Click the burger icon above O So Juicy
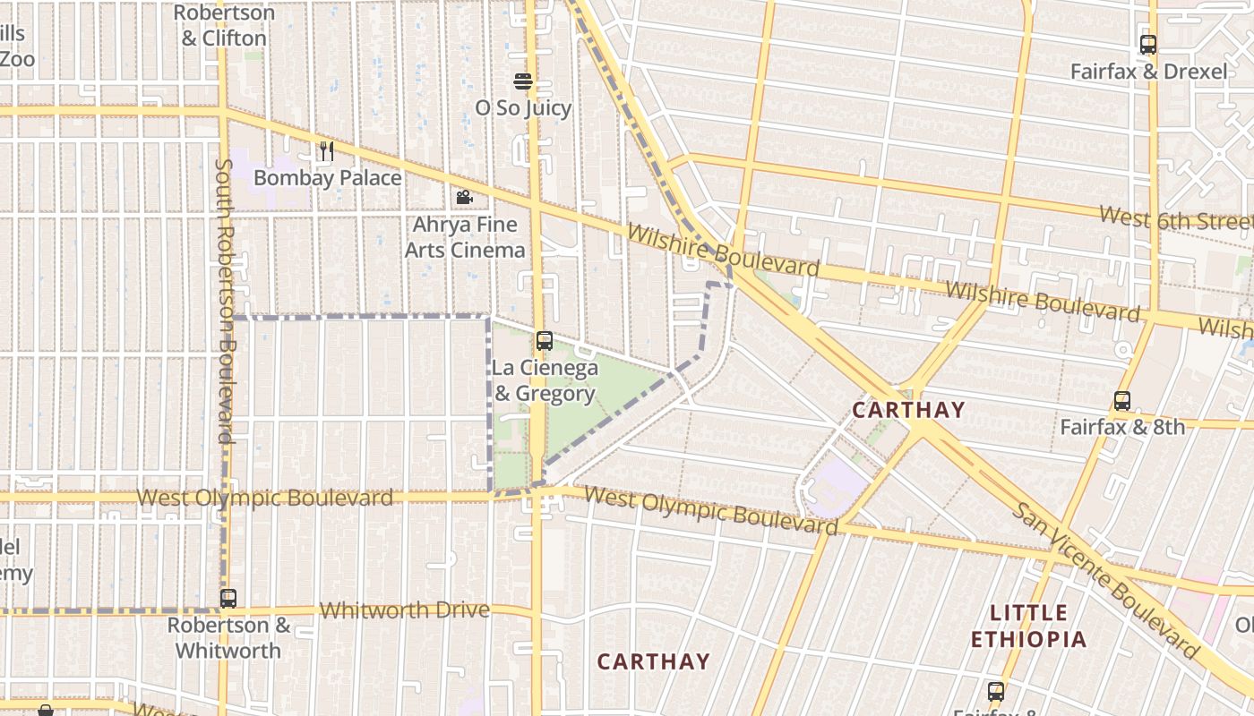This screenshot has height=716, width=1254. click(x=523, y=81)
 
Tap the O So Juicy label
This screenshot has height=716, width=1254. click(x=523, y=108)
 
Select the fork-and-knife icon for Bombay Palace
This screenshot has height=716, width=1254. click(x=327, y=151)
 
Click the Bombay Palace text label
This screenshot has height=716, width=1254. click(x=327, y=178)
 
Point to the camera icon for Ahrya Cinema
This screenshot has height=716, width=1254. click(x=464, y=197)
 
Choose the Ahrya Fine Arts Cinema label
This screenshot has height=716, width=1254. click(x=465, y=237)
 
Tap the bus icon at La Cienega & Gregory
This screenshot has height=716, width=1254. click(x=544, y=341)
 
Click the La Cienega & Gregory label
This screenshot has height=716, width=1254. click(x=545, y=380)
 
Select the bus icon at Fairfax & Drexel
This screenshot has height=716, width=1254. click(x=1148, y=45)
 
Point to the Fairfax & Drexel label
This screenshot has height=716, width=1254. click(x=1148, y=72)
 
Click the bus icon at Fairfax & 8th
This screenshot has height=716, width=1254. click(x=1122, y=401)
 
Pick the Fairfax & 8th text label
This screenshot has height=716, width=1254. click(x=1122, y=427)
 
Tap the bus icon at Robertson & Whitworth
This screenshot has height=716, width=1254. click(x=228, y=598)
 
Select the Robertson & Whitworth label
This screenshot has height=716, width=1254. click(x=228, y=637)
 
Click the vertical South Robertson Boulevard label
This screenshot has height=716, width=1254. click(x=224, y=301)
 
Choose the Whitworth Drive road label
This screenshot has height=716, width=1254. click(x=405, y=610)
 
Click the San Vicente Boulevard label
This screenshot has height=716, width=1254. click(x=1105, y=580)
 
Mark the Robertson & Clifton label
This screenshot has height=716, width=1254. click(x=223, y=25)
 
